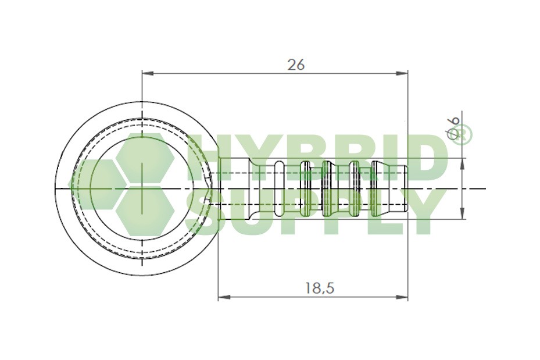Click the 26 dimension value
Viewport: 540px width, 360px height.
[296, 65]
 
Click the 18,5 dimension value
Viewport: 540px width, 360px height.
[320, 287]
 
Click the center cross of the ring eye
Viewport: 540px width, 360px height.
[142, 188]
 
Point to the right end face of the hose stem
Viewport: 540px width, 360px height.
[407, 188]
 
